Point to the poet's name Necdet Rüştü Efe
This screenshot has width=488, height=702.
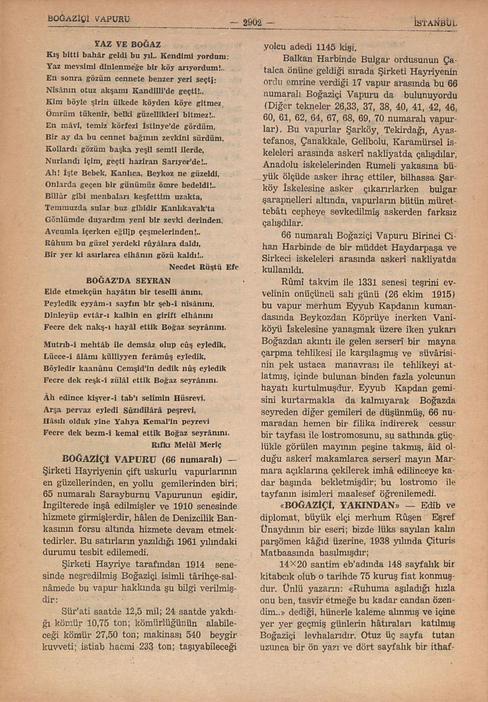coord(203,267)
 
